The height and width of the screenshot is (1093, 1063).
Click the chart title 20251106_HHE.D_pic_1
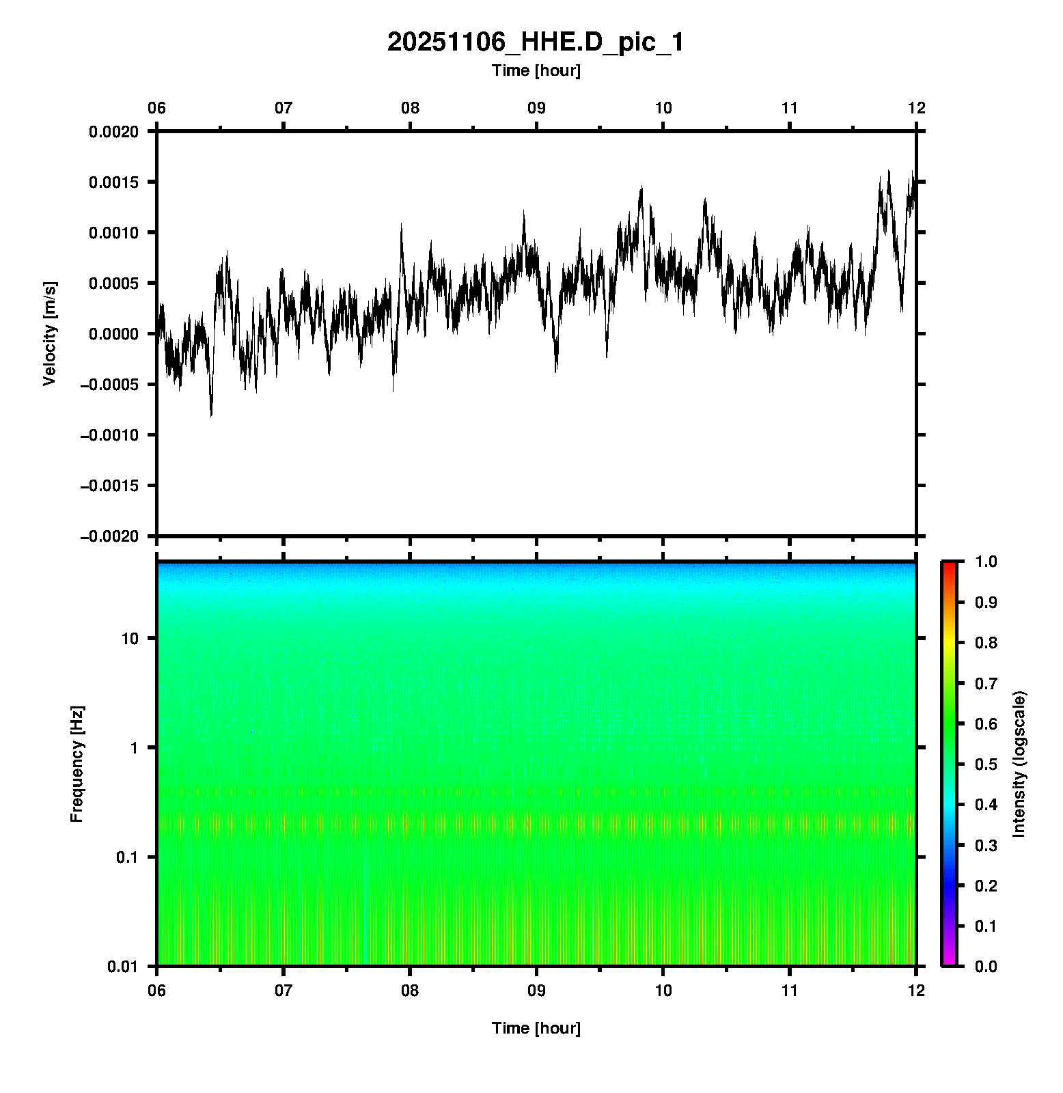[x=535, y=42]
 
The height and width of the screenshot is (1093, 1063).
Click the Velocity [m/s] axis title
[x=49, y=333]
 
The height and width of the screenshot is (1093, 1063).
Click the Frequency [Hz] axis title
[x=77, y=764]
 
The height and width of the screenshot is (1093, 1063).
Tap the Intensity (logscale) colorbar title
[x=1019, y=764]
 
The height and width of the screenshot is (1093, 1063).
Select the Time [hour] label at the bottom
[x=536, y=1028]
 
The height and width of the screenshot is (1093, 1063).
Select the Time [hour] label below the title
[x=536, y=70]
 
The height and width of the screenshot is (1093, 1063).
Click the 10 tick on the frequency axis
[x=130, y=639]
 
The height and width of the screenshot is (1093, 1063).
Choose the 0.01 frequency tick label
[x=123, y=966]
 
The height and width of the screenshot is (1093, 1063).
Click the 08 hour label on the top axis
[x=410, y=108]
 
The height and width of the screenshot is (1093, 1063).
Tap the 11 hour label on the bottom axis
[x=790, y=991]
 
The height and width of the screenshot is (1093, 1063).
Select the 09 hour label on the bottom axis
[x=536, y=991]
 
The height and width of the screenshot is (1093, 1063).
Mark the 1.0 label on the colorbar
[x=987, y=562]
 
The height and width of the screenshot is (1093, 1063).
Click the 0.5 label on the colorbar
[x=987, y=764]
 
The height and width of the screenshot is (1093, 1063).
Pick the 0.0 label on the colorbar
[x=987, y=966]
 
